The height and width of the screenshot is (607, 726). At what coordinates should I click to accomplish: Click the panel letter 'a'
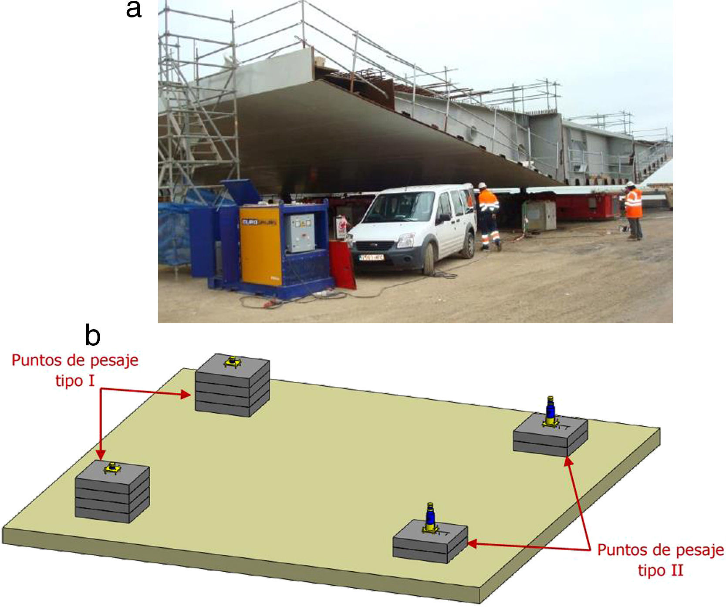[x=134, y=10]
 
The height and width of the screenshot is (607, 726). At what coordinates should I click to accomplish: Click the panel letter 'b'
[x=93, y=336]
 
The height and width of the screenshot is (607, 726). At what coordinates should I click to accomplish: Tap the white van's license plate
[x=371, y=257]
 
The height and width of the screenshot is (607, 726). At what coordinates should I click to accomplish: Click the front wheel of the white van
[x=429, y=259]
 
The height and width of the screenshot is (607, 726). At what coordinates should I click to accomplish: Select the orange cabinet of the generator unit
[x=261, y=246]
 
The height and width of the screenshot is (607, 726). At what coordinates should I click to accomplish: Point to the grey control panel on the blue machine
[x=301, y=233]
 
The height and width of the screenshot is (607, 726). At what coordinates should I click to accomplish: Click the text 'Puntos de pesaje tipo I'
[x=75, y=370]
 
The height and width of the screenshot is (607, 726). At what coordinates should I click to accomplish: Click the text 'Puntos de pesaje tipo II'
[x=660, y=560]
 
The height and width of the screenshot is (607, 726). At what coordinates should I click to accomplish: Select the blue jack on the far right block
[x=551, y=409]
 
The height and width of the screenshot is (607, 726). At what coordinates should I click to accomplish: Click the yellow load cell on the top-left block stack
[x=233, y=362]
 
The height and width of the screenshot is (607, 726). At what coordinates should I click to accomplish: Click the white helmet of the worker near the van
[x=482, y=185]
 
